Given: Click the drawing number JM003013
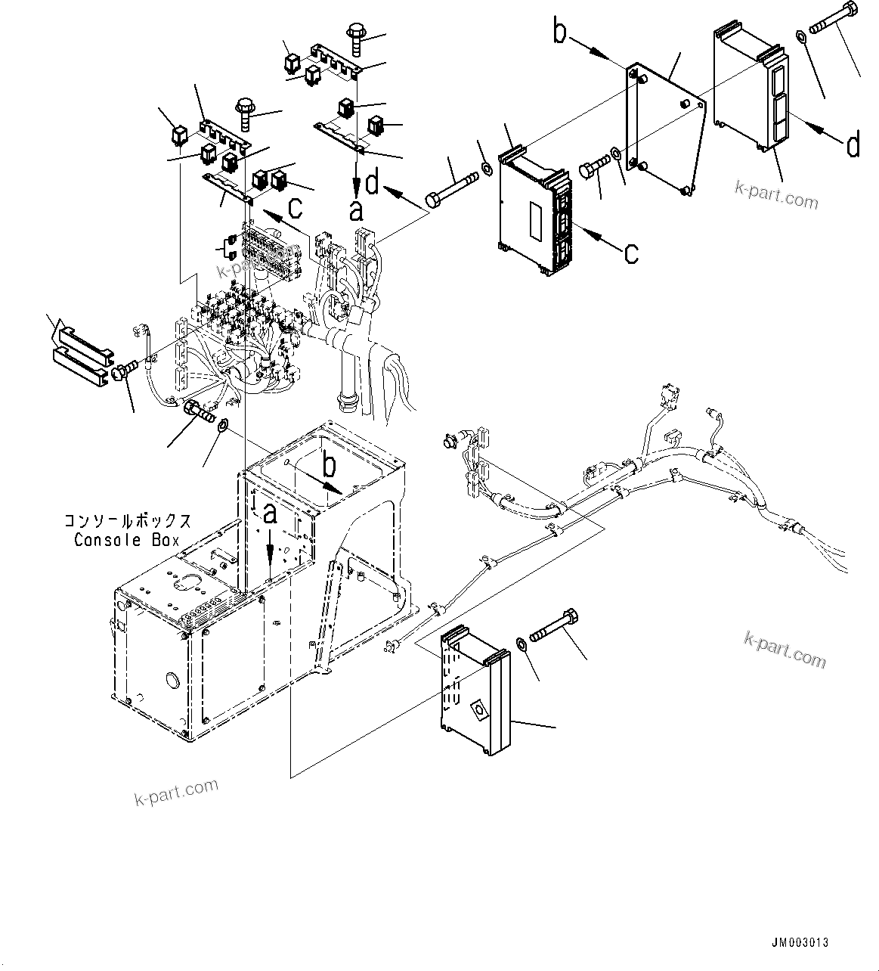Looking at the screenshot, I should [800, 942].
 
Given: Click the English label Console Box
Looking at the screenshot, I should [127, 540].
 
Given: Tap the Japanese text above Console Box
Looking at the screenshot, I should [127, 522].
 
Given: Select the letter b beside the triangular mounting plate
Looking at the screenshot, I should [560, 35].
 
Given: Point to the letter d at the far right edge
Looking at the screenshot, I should [853, 144].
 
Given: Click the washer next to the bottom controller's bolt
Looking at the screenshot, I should [522, 644].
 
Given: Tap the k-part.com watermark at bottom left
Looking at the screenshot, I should [175, 793].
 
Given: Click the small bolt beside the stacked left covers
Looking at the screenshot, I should [124, 370].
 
